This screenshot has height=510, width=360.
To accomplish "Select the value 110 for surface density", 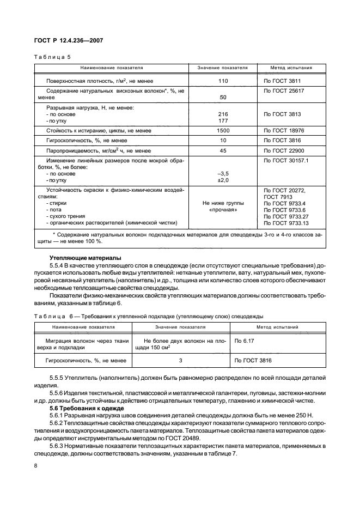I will [222, 80].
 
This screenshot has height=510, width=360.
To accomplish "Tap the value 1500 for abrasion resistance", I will [222, 131].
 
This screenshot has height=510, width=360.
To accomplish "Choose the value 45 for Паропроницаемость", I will [222, 150].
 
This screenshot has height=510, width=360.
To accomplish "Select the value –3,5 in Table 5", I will [222, 174].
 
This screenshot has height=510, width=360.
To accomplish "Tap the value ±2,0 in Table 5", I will [222, 180].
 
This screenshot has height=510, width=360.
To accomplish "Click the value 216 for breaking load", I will [222, 114].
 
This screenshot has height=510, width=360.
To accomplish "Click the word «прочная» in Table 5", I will [222, 210].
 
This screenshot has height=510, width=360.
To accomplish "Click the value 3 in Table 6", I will [180, 361].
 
